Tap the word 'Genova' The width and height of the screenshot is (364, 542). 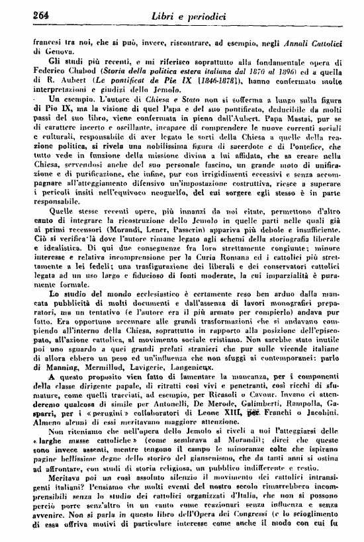(x=45, y=51)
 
